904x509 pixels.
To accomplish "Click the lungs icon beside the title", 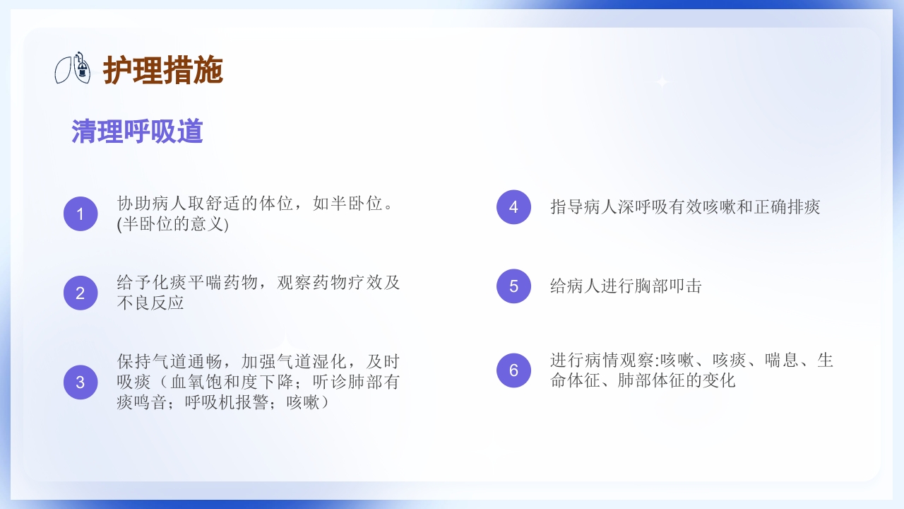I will click(x=73, y=68).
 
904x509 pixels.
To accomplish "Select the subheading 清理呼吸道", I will click(x=137, y=131).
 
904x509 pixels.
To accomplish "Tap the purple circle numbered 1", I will click(x=81, y=213).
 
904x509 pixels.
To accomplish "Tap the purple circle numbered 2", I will click(x=81, y=293).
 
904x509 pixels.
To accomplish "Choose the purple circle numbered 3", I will click(x=81, y=382).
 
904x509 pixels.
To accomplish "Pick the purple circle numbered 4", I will click(x=513, y=207).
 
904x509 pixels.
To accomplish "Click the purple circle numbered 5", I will click(x=513, y=286).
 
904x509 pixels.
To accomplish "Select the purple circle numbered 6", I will click(x=513, y=370).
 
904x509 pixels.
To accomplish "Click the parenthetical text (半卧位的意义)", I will click(x=173, y=225).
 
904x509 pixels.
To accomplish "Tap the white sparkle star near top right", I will click(x=662, y=82).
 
